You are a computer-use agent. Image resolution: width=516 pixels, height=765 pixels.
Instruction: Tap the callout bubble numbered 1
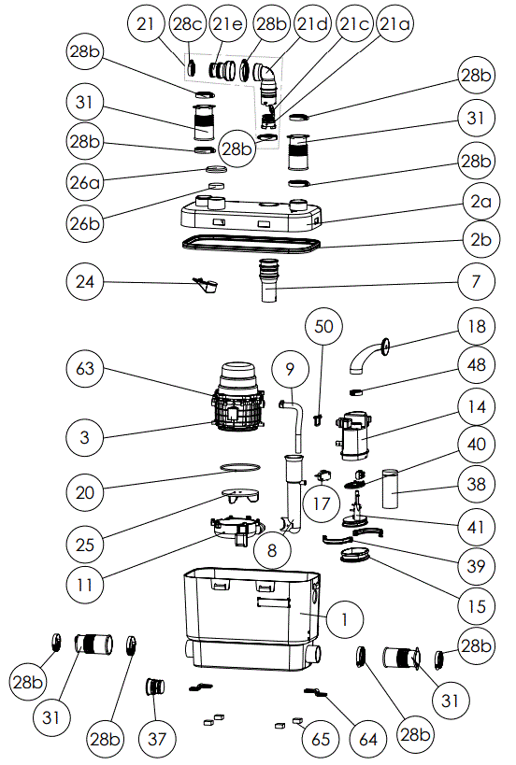pos(345,618)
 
